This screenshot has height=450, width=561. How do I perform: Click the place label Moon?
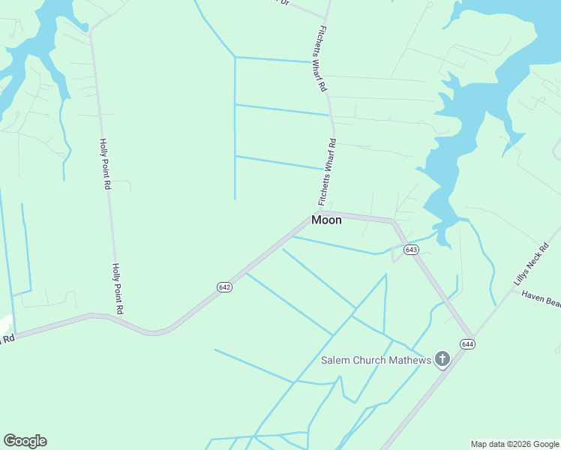tap(326, 220)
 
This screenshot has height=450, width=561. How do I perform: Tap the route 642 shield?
tap(224, 287)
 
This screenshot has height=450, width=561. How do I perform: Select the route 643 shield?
tap(410, 249)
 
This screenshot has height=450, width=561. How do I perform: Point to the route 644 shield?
tap(468, 344)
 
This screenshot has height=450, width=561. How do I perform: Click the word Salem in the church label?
tap(337, 361)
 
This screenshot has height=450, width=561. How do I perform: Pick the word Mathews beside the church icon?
tap(409, 361)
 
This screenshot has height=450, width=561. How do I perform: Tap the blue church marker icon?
tap(442, 359)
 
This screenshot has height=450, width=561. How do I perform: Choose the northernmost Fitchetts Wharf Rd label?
tap(322, 58)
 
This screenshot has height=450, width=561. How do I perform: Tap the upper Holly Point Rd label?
tap(106, 163)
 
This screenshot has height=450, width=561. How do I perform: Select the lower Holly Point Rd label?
tap(118, 288)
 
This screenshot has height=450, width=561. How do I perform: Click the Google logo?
tap(25, 441)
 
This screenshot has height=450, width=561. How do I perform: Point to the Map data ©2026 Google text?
tap(515, 444)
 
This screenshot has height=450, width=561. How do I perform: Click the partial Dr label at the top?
tap(283, 2)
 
